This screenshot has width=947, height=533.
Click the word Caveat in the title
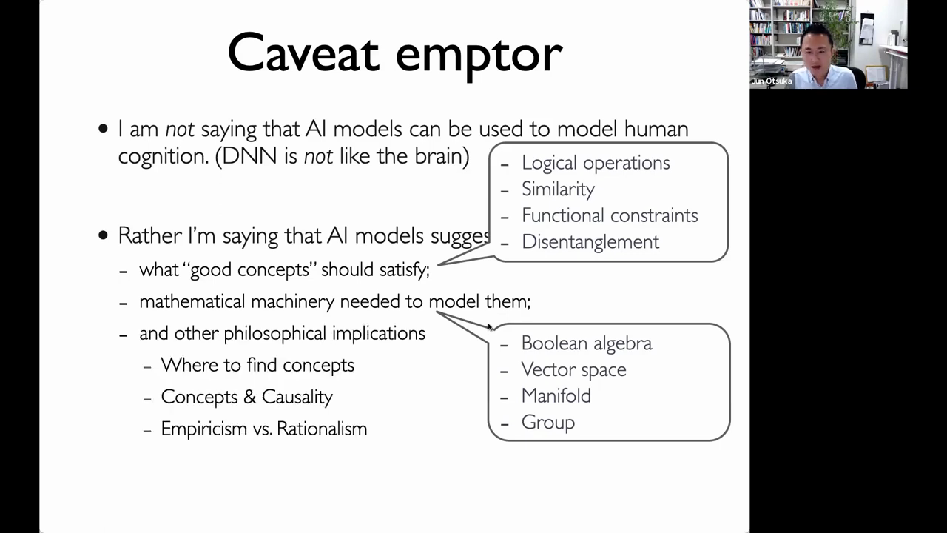pos(303,53)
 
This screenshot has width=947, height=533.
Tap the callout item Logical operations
pos(596,163)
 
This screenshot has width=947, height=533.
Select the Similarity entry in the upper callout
pos(558,189)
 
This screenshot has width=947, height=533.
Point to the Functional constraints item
pos(610,215)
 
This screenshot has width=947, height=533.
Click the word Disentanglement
pos(590,242)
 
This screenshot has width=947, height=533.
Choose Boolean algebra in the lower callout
pos(587,343)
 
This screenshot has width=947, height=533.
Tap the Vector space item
pos(573,369)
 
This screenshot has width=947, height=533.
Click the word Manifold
pos(556,396)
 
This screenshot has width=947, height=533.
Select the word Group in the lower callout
pos(548,422)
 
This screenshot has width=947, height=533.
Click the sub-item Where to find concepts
pos(257,365)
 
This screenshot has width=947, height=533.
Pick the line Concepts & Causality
pos(247,397)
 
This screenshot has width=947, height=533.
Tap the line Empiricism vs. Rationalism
pos(264,429)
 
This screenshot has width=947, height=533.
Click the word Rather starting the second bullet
pos(149,235)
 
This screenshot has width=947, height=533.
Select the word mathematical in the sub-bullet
pos(192,301)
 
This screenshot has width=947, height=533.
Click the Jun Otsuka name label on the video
pos(772,81)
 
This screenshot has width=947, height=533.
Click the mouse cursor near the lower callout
pos(491,327)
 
